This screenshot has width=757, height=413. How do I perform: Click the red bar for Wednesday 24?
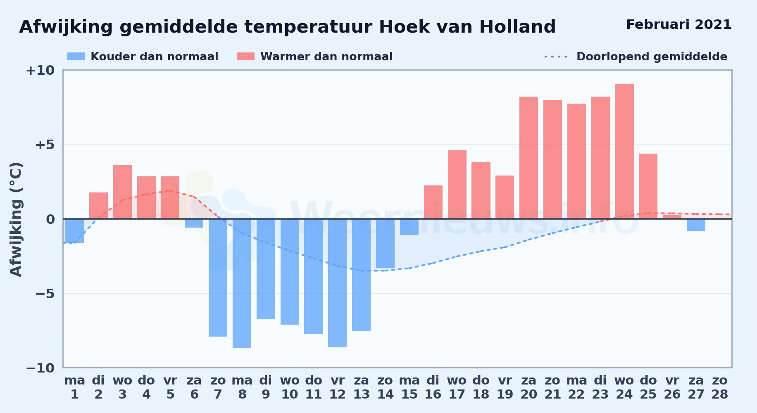624,151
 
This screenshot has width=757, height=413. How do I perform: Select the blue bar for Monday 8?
242,283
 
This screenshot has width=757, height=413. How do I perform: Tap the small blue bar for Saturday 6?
194,223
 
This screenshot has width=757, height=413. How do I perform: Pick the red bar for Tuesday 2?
98,206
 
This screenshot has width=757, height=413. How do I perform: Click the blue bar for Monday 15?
409,227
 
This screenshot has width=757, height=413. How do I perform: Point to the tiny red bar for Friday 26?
672,217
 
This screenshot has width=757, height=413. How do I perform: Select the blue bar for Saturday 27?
696,225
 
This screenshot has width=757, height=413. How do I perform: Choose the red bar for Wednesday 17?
457,185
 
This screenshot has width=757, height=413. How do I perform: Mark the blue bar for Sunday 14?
385,244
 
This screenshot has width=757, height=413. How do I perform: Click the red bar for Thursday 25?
648,186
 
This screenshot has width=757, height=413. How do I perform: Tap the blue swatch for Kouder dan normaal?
76,57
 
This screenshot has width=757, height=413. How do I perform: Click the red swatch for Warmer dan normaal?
245,57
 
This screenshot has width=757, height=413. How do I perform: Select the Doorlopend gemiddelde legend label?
652,57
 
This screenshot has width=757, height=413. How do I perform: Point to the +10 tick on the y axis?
40,70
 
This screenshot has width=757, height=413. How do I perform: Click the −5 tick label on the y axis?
45,294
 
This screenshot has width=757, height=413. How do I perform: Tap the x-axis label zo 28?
720,387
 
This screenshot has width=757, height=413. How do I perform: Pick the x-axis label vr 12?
338,387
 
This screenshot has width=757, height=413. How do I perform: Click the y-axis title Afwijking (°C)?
16,219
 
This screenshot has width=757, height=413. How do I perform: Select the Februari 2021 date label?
679,24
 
